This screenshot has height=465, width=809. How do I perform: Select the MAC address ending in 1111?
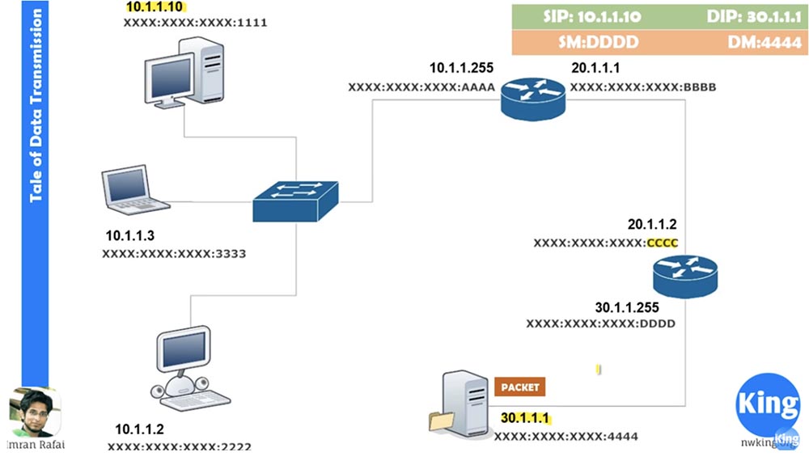(195, 23)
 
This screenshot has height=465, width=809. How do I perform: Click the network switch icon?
(294, 201)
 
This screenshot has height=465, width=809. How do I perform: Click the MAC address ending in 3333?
(174, 253)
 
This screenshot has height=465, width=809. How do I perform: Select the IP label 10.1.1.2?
(139, 429)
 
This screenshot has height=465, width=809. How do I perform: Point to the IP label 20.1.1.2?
(651, 224)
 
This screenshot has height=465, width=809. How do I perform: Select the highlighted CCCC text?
(661, 243)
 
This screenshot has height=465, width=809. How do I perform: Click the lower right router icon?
(684, 276)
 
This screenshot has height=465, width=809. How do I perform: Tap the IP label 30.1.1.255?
(627, 307)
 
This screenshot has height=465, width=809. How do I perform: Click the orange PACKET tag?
(519, 387)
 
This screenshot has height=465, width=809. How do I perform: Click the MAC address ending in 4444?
(565, 437)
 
